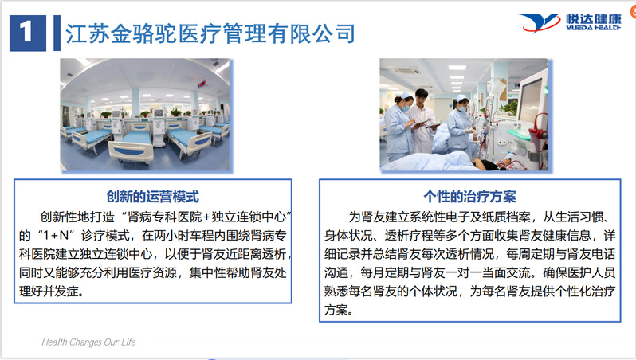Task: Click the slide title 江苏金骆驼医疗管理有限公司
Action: point(210,33)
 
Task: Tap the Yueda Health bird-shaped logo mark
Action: point(539,23)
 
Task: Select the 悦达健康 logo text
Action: point(594,18)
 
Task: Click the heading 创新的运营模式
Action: point(152,197)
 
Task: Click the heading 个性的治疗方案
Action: point(469,197)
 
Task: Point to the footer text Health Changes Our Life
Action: point(88,342)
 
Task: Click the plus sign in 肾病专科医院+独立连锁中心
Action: point(206,217)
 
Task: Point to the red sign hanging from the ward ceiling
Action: point(202,84)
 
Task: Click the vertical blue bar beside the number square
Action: point(57,33)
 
